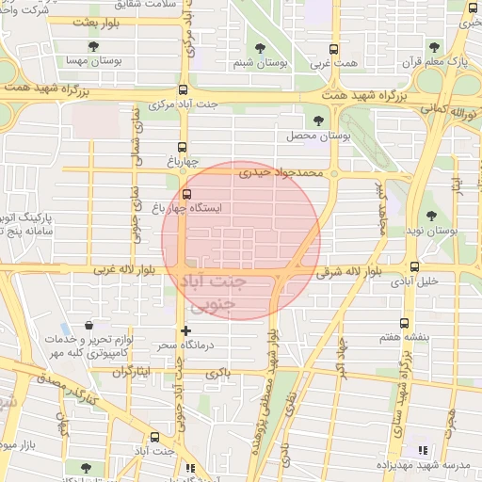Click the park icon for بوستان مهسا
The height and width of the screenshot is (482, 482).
(92, 45)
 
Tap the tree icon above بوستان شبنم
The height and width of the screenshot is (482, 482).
(261, 47)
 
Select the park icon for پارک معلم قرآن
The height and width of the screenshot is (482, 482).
(434, 46)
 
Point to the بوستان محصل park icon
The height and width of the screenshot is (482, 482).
(319, 120)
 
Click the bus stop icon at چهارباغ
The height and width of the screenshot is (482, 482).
(183, 146)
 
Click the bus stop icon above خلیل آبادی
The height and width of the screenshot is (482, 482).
(414, 266)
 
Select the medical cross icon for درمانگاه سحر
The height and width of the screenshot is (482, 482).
(185, 330)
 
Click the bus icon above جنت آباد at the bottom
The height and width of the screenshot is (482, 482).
(155, 437)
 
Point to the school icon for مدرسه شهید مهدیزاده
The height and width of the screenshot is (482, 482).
(422, 451)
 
